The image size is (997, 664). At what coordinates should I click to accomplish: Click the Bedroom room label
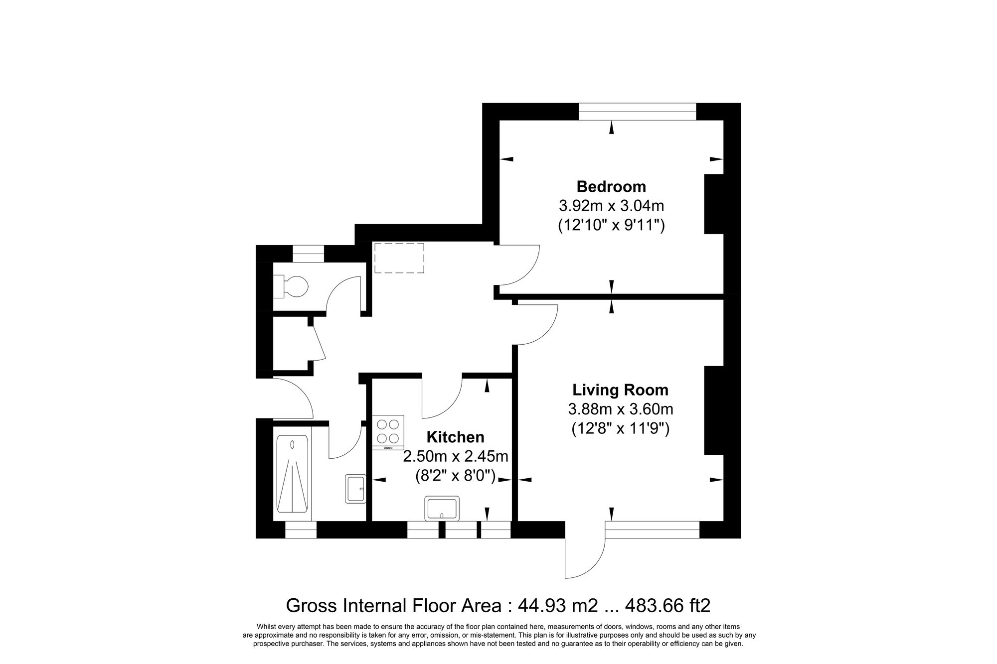611,187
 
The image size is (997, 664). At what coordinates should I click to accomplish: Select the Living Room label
620,390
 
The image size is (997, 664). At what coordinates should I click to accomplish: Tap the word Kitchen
455,437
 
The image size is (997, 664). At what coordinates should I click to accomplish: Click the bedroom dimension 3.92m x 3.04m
611,206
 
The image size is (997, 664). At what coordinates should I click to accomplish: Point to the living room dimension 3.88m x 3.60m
620,409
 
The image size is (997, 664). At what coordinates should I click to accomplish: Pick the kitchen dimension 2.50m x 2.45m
455,456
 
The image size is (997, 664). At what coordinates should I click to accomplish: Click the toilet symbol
294,287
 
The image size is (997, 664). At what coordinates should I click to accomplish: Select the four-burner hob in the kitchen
388,432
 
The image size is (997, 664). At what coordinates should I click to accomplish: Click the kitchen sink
442,508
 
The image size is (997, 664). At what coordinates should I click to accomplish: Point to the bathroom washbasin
355,488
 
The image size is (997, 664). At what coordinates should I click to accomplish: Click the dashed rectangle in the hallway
399,258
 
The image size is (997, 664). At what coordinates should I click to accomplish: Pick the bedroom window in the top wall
637,112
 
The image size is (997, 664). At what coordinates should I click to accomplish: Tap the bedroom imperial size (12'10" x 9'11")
611,225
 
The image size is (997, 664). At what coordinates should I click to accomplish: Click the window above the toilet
308,255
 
